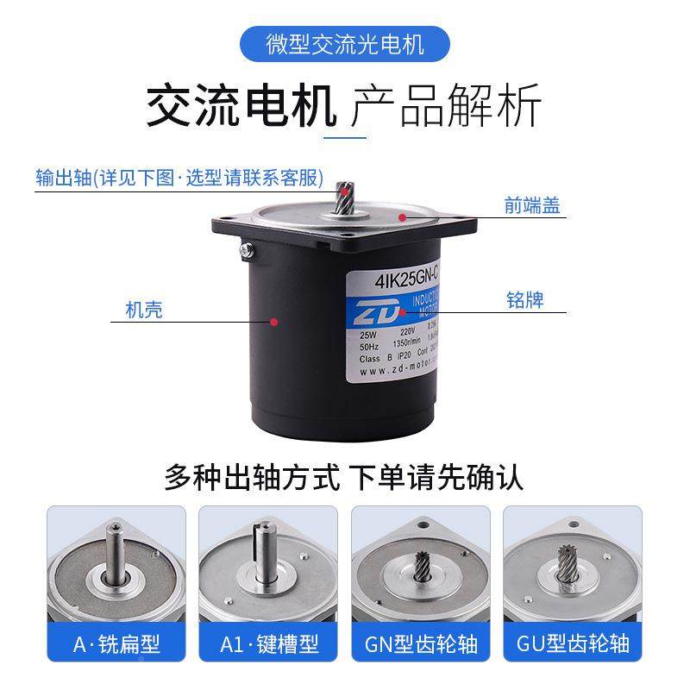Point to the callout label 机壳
[143, 310]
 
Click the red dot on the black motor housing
[274, 322]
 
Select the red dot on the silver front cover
[401, 219]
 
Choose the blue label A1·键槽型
[268, 643]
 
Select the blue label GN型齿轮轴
[421, 643]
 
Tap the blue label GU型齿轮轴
[574, 643]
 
